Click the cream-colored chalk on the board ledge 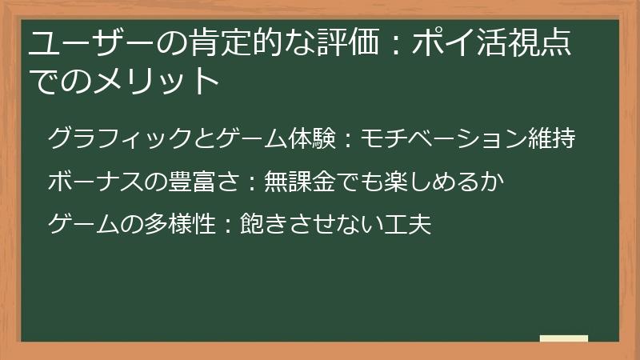click(x=564, y=338)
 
